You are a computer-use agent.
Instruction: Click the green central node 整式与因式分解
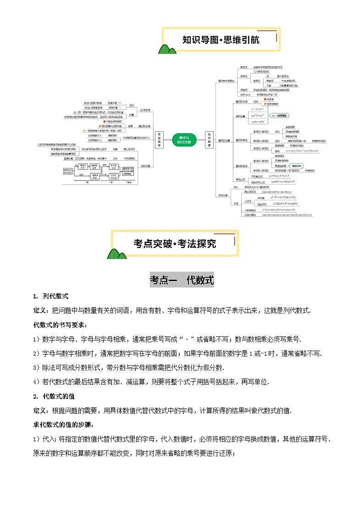pos(184,139)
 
